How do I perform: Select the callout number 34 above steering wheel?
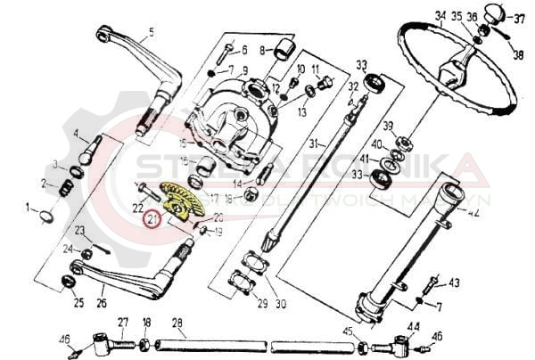pyautogui.click(x=440, y=15)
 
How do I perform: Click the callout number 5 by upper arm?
pyautogui.click(x=151, y=32)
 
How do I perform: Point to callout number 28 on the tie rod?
pyautogui.click(x=176, y=323)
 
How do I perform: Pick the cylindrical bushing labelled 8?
pyautogui.click(x=285, y=46)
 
